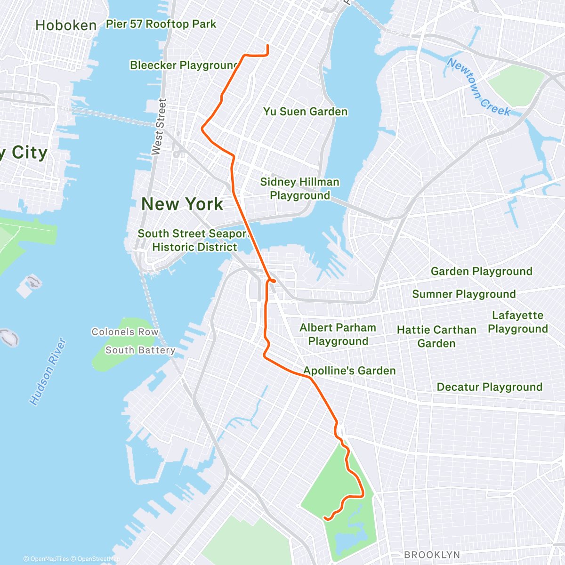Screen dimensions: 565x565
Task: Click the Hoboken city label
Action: (x=66, y=25)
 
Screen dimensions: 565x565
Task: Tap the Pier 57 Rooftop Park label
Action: (x=161, y=24)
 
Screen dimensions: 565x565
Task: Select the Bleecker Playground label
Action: (x=184, y=65)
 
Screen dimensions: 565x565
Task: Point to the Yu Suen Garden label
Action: (x=305, y=112)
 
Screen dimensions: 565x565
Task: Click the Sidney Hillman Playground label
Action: (x=299, y=188)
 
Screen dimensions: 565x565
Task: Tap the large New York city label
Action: (x=182, y=204)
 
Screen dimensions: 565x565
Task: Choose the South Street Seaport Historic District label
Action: (x=194, y=240)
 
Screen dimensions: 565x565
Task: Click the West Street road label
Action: (x=159, y=126)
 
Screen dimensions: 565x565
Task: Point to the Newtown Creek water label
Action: (x=478, y=87)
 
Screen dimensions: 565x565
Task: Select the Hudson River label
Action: (x=48, y=372)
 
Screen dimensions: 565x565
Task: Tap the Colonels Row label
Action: (x=125, y=332)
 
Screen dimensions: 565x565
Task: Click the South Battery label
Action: (x=140, y=350)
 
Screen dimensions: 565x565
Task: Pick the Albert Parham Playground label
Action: (x=338, y=334)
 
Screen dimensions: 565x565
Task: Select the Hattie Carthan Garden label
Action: (x=436, y=337)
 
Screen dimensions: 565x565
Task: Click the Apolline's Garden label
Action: (x=349, y=371)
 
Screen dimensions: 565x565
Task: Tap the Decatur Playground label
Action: (x=489, y=387)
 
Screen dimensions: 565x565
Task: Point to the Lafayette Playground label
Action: (x=517, y=322)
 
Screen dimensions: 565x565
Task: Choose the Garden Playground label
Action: (x=481, y=271)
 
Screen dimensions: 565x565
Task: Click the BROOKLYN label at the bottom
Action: (x=432, y=555)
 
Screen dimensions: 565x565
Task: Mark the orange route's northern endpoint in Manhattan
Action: (x=267, y=46)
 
